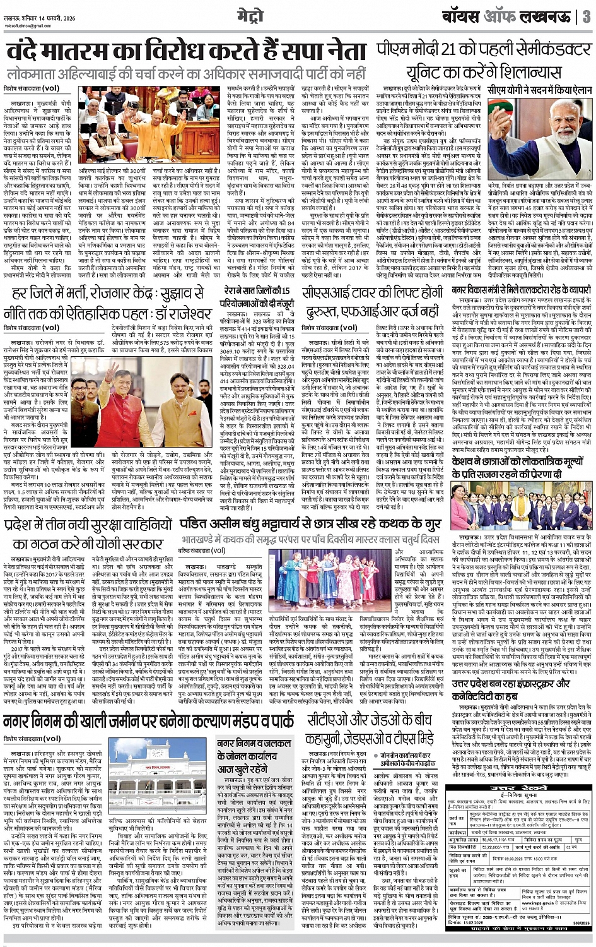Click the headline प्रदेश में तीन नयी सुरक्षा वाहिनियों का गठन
click(88, 533)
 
